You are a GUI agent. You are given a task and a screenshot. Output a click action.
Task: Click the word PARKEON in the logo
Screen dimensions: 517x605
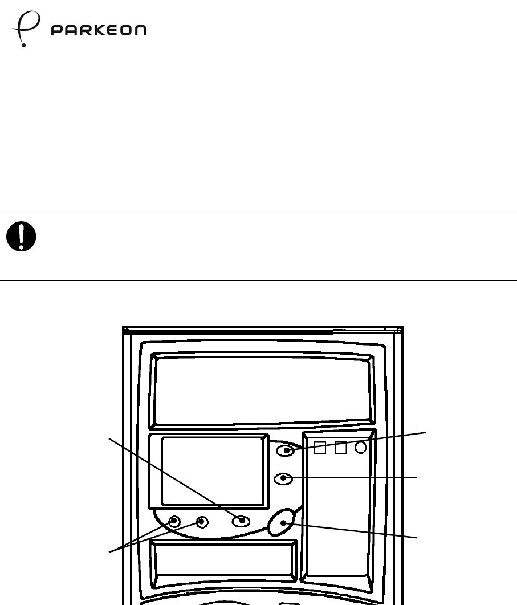pos(98,30)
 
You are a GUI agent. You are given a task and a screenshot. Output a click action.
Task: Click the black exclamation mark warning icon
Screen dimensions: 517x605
pos(21,236)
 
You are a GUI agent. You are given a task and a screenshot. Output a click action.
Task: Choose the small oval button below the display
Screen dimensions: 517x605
pos(242,521)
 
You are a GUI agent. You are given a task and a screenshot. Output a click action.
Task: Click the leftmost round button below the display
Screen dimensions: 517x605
pos(175,521)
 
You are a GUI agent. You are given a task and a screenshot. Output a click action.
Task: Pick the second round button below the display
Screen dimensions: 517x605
pos(201,521)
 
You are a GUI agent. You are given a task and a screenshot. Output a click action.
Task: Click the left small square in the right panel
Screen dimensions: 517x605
pos(320,448)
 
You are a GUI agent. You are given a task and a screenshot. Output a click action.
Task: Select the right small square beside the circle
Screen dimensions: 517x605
pos(341,448)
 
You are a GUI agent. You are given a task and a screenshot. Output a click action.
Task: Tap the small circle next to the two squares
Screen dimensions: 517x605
pos(361,448)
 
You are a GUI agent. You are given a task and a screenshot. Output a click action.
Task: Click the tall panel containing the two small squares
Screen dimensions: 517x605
pos(339,513)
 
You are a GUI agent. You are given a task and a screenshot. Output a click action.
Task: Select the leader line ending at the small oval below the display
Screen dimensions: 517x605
pos(171,477)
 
